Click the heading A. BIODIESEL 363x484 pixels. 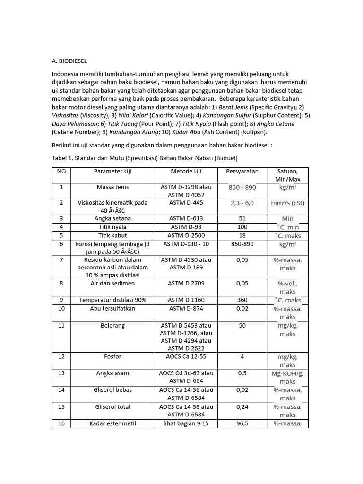click(x=69, y=61)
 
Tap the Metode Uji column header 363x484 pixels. click(x=186, y=171)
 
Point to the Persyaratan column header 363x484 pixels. click(x=242, y=171)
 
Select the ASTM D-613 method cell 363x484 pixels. click(x=186, y=218)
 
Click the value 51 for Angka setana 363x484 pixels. click(x=242, y=218)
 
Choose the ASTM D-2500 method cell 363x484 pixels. click(x=186, y=235)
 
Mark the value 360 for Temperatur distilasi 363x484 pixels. click(x=242, y=300)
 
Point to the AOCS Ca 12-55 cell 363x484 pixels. click(x=186, y=357)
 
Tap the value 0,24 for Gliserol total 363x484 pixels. click(x=242, y=407)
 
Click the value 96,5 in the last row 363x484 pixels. click(x=242, y=423)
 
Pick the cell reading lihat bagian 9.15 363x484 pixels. click(x=186, y=423)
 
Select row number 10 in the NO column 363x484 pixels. click(x=61, y=309)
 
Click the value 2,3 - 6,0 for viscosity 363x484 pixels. click(x=242, y=203)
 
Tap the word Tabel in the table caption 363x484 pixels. click(x=60, y=157)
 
